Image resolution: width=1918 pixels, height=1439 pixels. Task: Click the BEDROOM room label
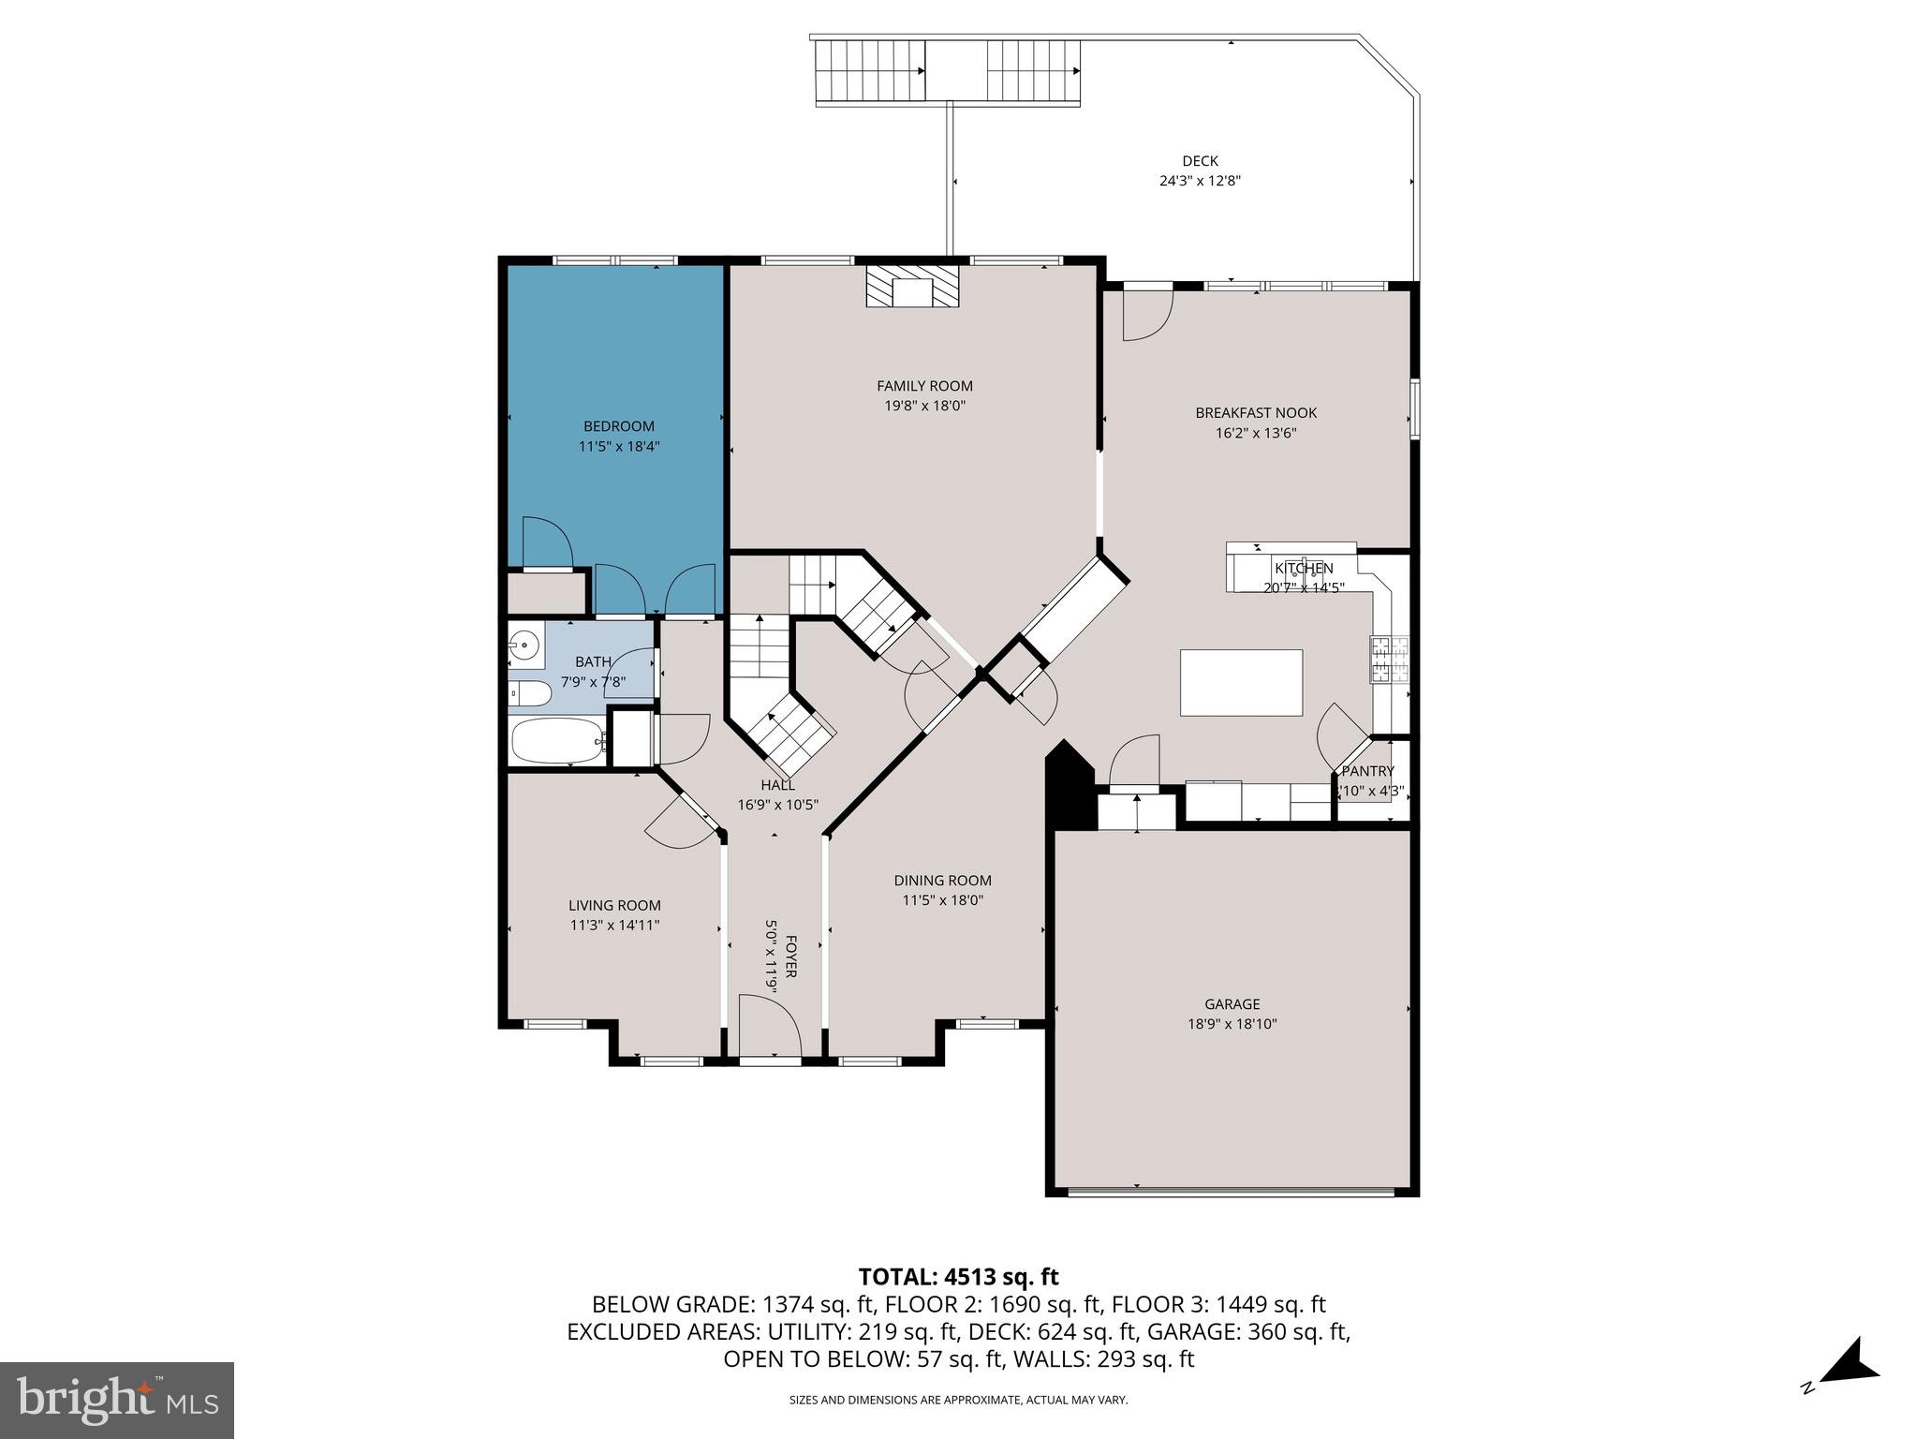point(618,426)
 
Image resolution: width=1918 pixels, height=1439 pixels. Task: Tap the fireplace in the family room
point(912,287)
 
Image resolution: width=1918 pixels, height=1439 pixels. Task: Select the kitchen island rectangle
point(1241,682)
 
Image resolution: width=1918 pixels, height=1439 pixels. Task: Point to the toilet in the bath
point(531,694)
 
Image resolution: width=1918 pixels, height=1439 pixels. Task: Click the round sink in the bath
point(525,645)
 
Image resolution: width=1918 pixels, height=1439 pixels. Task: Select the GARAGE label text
point(1232,1003)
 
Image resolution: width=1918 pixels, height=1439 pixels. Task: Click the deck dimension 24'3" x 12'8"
point(1200,182)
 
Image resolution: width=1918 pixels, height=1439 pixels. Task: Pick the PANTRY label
point(1367,771)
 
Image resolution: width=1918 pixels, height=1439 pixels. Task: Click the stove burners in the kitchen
point(1390,659)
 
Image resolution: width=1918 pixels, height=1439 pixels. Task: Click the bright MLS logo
point(117,1401)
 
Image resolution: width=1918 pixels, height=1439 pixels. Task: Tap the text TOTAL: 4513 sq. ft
point(958,1276)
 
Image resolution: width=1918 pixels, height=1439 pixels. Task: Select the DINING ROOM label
point(942,881)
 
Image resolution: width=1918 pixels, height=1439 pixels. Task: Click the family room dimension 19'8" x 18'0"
point(924,406)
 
